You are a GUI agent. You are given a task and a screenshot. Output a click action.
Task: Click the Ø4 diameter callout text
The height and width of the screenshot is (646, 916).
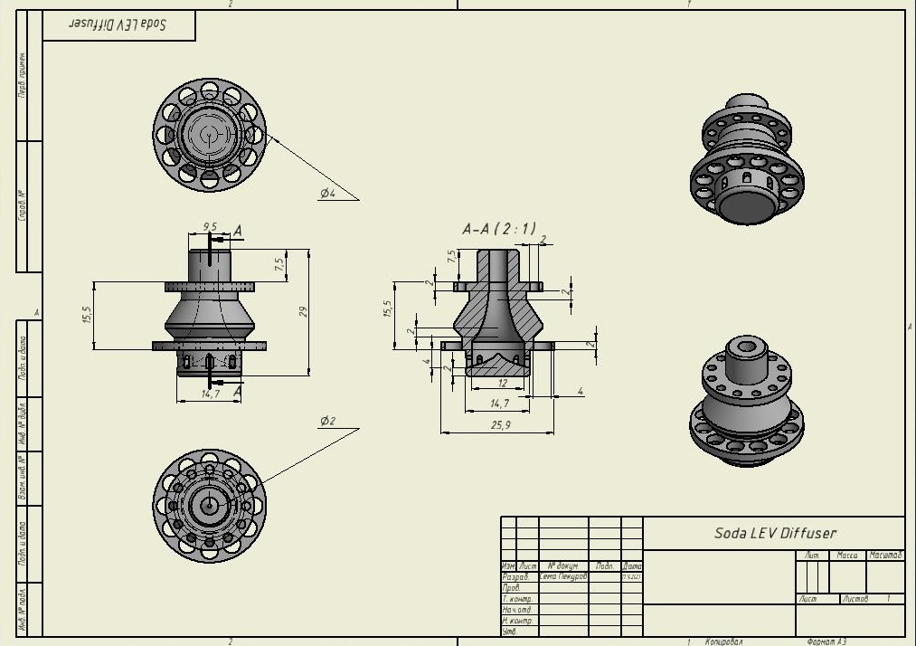point(327,194)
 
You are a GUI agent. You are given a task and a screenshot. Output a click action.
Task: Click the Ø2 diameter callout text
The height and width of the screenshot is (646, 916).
point(327,422)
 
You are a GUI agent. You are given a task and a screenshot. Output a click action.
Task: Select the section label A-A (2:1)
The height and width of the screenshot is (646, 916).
point(498,230)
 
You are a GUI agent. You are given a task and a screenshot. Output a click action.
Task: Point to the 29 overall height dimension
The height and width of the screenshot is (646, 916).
point(304,311)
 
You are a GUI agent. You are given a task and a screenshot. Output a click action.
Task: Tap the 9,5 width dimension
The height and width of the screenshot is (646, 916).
point(210,226)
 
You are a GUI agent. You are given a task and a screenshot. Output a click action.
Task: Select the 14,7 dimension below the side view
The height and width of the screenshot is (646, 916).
point(210,394)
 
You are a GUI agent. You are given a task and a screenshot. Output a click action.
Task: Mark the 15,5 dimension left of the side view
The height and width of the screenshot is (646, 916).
point(87,315)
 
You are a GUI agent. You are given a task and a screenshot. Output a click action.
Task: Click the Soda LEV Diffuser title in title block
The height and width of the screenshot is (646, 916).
point(775,533)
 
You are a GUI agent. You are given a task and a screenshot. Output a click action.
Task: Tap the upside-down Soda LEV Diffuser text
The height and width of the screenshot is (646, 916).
point(118,24)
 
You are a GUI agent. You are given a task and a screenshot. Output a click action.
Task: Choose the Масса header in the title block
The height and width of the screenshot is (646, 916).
point(846,556)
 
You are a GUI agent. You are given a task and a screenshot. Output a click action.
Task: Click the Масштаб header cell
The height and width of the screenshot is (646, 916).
point(885,556)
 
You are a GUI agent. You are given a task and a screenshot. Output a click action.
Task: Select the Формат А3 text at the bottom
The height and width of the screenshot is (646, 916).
point(826,641)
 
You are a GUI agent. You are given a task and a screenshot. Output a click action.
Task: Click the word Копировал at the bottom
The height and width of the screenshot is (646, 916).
point(723,641)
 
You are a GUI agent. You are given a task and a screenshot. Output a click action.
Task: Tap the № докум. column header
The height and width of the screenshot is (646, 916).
point(562,566)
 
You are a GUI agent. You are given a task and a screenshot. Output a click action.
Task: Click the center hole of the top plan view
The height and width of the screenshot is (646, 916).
point(209,134)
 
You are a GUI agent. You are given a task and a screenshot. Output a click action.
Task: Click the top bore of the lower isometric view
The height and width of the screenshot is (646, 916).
point(746,347)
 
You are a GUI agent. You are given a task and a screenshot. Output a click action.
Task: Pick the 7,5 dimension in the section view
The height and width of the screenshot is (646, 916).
point(451,256)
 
